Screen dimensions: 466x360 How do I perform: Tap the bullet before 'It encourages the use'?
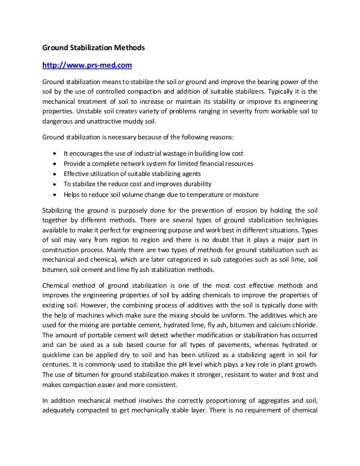coord(54,153)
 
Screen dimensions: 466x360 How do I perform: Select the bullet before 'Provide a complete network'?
coord(54,163)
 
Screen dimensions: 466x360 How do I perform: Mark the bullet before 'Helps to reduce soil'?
coord(54,194)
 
